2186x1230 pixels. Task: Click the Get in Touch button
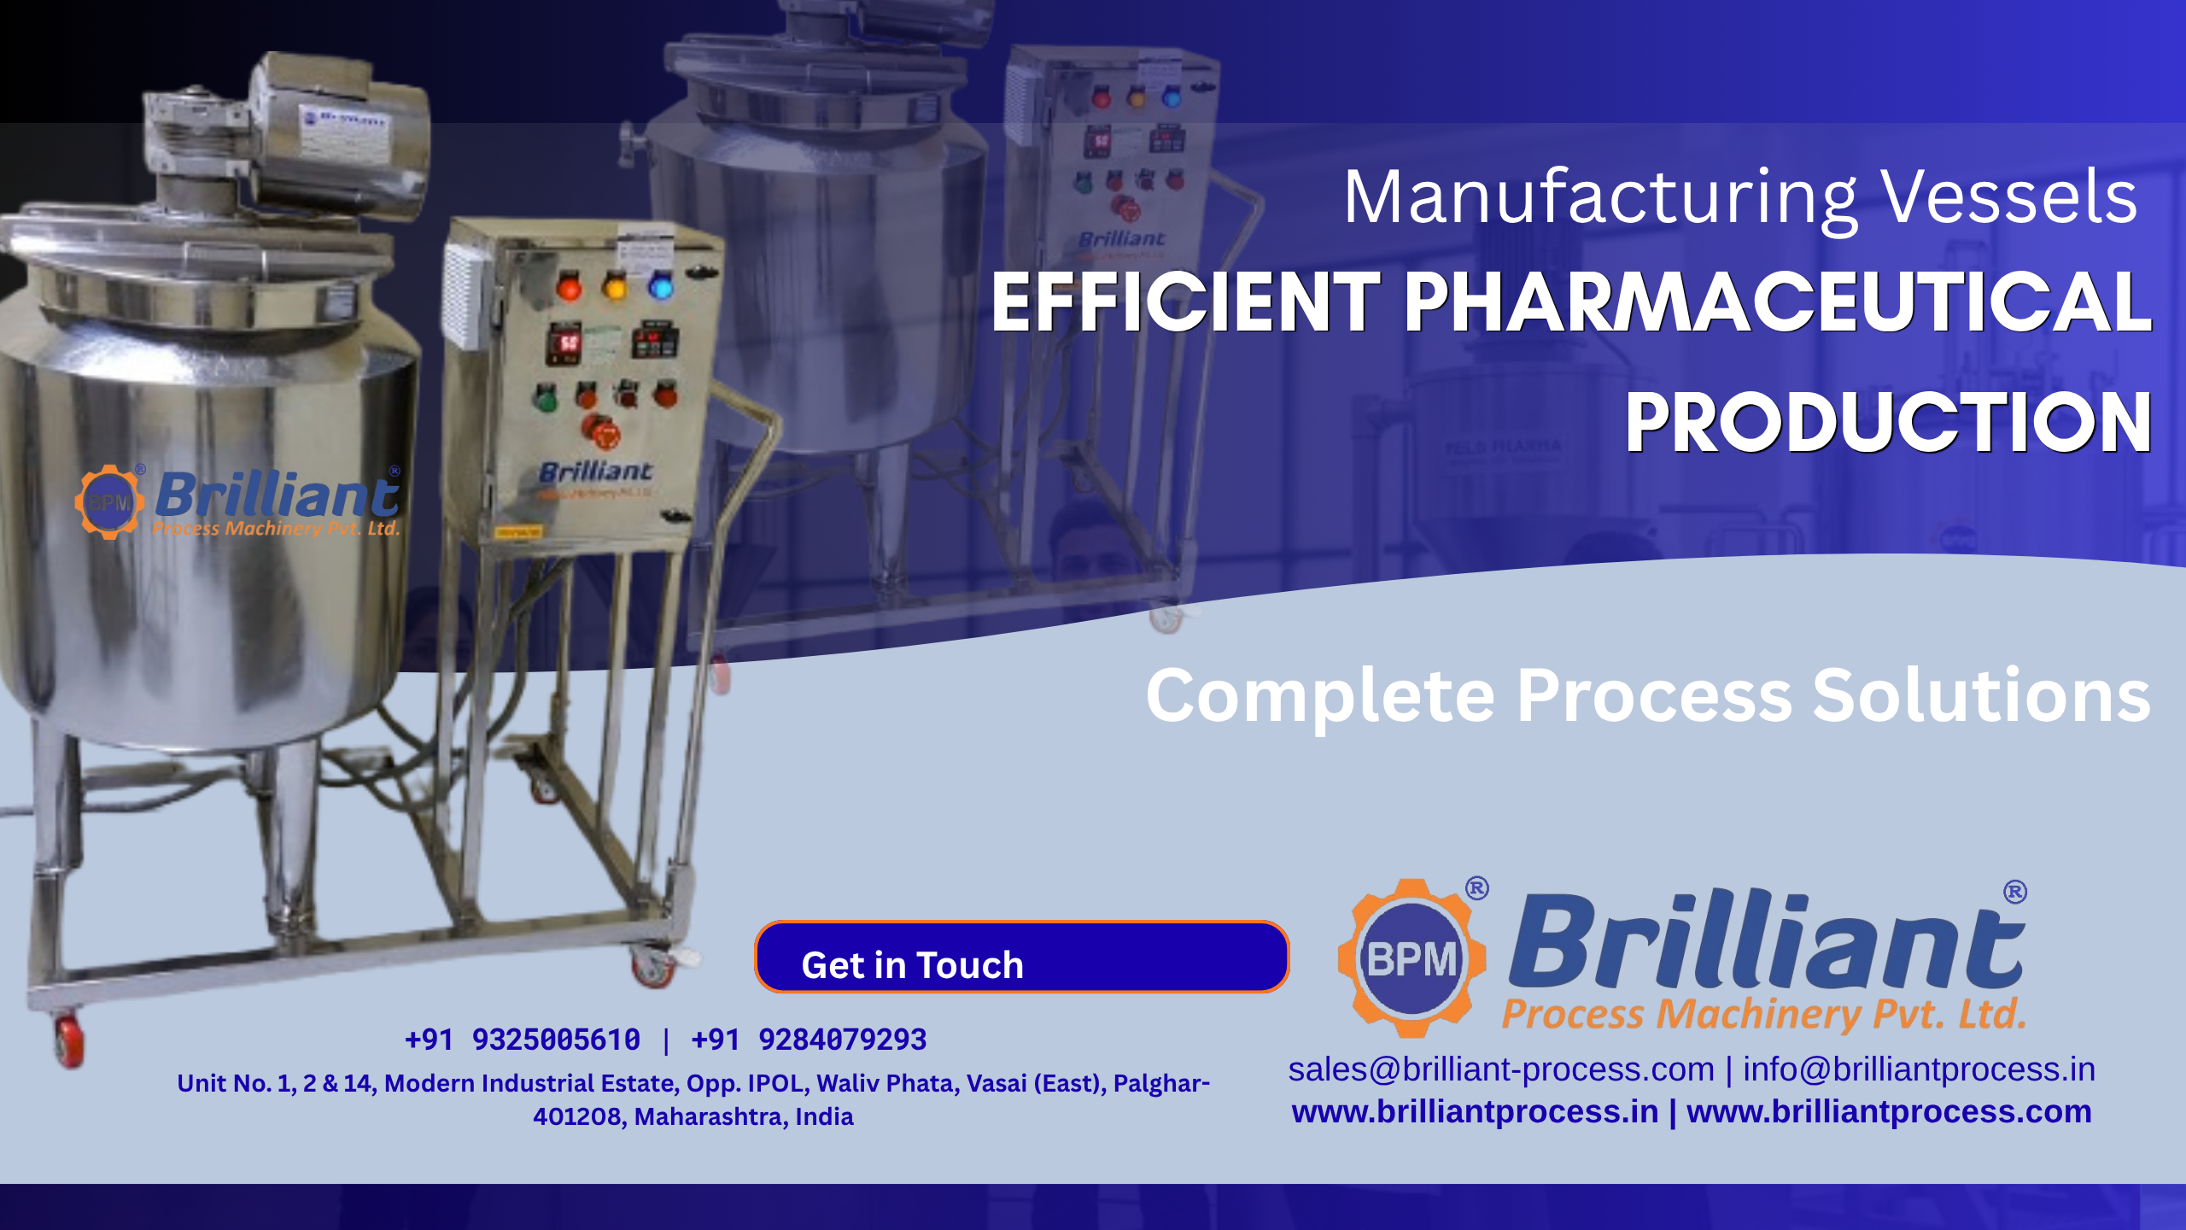coord(1021,958)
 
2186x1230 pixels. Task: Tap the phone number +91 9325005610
coord(523,1040)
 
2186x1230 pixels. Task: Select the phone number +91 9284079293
coord(809,1040)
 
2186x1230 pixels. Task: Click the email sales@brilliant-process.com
coord(1500,1069)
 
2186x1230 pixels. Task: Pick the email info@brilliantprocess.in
coord(1919,1069)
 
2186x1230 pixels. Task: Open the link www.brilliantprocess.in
coord(1475,1112)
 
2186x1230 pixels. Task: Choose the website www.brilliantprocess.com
coord(1889,1112)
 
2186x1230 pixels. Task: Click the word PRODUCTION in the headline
coord(1887,423)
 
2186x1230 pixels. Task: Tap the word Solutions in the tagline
coord(1981,696)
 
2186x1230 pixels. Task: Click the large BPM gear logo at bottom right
coord(1411,958)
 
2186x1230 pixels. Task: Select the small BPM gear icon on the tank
coord(109,501)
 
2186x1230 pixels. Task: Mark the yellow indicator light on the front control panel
coord(615,286)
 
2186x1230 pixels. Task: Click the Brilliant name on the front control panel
coord(595,471)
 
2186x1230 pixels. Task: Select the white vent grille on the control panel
coord(464,295)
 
